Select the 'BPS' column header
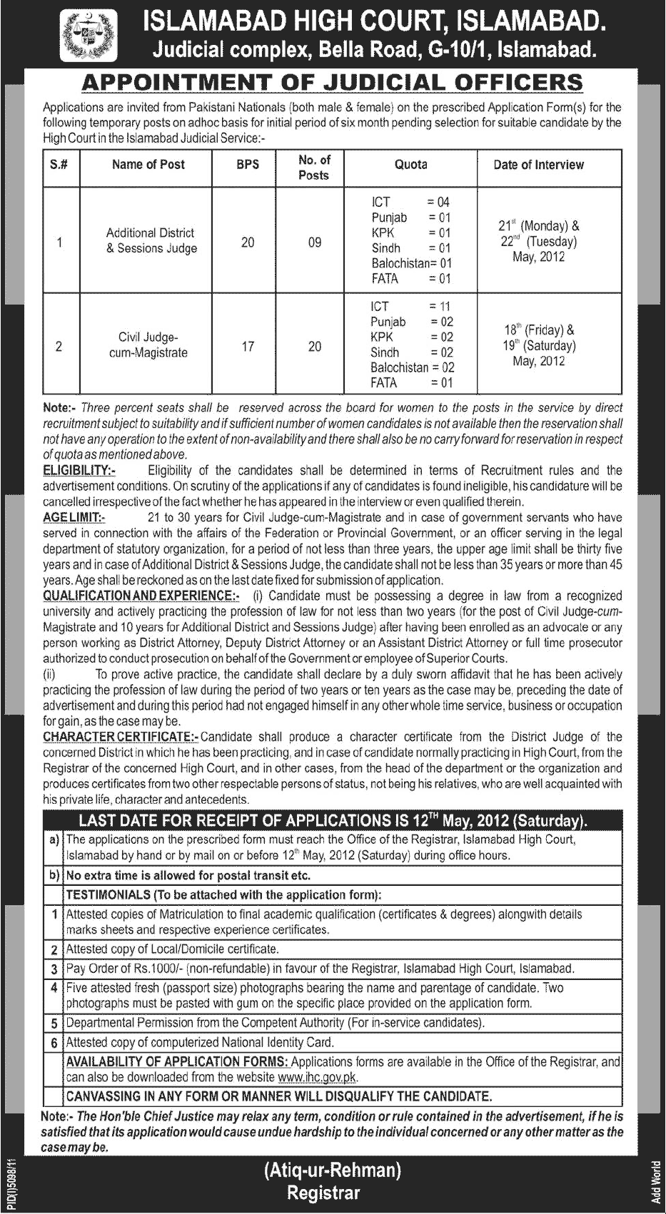click(x=248, y=165)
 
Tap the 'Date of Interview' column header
click(x=538, y=165)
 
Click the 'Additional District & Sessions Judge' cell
click(x=151, y=240)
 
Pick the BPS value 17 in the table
click(x=248, y=347)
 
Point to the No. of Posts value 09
click(x=314, y=243)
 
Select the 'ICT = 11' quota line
click(x=410, y=307)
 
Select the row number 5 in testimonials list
click(x=54, y=1023)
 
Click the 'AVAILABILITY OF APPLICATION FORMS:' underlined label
click(x=177, y=1062)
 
